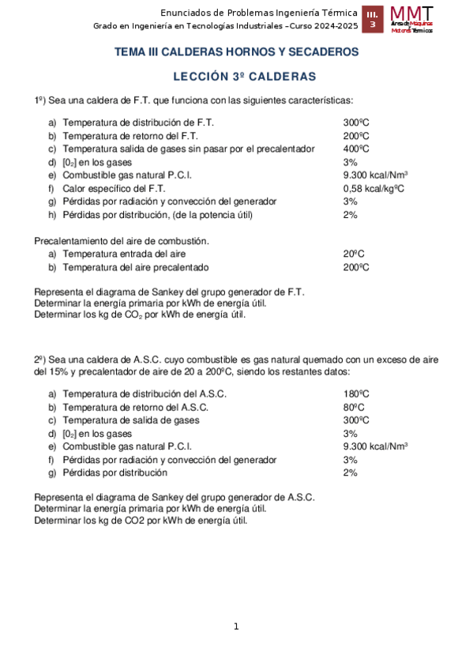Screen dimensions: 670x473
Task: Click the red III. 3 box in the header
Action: [372, 20]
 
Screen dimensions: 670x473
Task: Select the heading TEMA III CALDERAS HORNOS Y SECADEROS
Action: [237, 52]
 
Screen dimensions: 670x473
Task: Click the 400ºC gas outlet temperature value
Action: [356, 149]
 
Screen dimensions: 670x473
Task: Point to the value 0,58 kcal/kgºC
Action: [374, 188]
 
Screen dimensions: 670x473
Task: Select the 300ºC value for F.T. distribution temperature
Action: [356, 122]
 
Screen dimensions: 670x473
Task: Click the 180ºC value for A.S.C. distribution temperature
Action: [356, 393]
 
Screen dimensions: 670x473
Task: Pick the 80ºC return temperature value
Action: [354, 407]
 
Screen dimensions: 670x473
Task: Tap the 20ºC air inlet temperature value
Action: [354, 254]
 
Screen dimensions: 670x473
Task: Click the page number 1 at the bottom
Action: [235, 627]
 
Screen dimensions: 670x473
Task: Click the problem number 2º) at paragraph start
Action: [41, 359]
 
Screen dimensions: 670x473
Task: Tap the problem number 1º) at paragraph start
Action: [41, 100]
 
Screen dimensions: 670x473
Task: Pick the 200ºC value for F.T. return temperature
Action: [356, 136]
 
